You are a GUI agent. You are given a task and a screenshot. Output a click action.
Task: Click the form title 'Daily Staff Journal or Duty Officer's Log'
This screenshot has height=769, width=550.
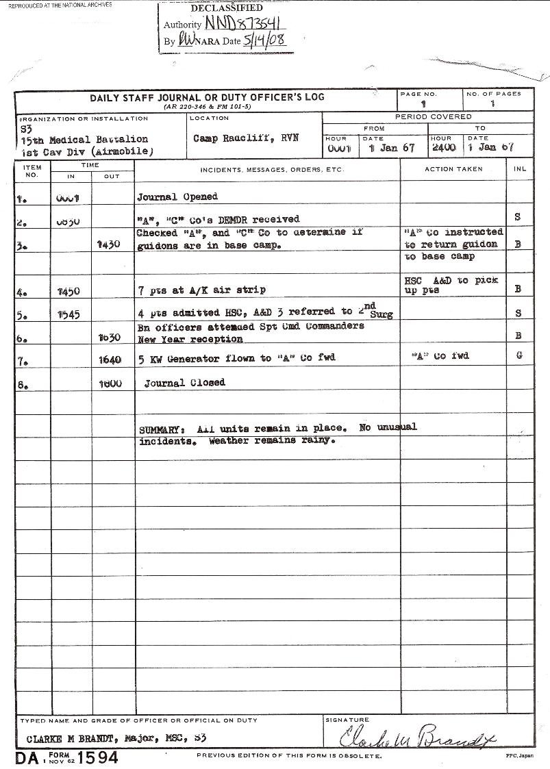click(207, 97)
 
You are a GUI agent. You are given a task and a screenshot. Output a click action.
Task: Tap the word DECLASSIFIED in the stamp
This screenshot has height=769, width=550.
click(226, 8)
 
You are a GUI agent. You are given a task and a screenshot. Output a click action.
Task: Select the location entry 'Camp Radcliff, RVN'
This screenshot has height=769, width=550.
click(245, 138)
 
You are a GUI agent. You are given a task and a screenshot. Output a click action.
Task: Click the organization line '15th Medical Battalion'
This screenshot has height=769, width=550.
click(84, 140)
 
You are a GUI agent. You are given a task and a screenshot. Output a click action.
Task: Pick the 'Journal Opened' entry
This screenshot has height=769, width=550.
click(177, 197)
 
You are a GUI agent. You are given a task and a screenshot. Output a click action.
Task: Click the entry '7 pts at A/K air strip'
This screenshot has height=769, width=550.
click(201, 290)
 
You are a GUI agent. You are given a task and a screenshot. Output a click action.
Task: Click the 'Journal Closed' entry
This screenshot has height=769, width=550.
click(184, 383)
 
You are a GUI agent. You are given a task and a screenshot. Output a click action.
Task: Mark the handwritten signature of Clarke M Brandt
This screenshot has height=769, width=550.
click(418, 738)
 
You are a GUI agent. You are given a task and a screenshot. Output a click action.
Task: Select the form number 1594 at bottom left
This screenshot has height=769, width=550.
click(99, 758)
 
